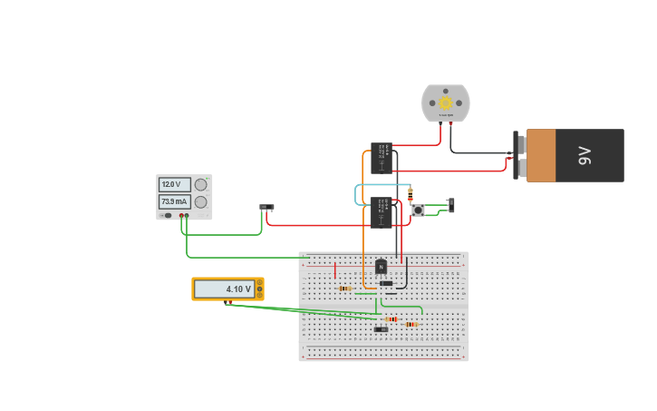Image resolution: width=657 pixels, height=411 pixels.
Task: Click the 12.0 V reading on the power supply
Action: [174, 184]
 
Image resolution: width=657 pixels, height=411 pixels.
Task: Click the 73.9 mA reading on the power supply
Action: [174, 201]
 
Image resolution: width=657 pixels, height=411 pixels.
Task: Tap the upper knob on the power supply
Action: [201, 184]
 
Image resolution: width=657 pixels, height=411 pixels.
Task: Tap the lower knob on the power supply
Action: [201, 201]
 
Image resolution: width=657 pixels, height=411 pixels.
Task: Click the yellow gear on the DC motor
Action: [446, 103]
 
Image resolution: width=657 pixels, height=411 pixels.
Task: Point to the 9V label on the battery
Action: [585, 155]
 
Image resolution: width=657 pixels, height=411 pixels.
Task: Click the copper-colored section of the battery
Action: [541, 155]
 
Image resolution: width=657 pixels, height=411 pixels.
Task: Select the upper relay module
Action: [381, 158]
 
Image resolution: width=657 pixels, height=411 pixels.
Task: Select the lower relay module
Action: [381, 212]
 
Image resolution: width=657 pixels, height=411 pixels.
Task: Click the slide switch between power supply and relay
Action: [266, 207]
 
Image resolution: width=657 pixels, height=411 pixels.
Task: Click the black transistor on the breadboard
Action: [382, 267]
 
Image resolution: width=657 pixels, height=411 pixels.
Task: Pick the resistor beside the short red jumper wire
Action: [344, 289]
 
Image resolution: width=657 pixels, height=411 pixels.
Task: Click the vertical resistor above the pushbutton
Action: [411, 194]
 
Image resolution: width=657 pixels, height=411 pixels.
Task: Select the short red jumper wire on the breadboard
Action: [335, 270]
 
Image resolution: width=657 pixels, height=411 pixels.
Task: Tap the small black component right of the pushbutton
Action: [451, 205]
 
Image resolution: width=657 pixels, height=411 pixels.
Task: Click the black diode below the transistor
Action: [386, 283]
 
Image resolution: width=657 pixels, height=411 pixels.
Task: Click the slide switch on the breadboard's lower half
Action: [382, 328]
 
